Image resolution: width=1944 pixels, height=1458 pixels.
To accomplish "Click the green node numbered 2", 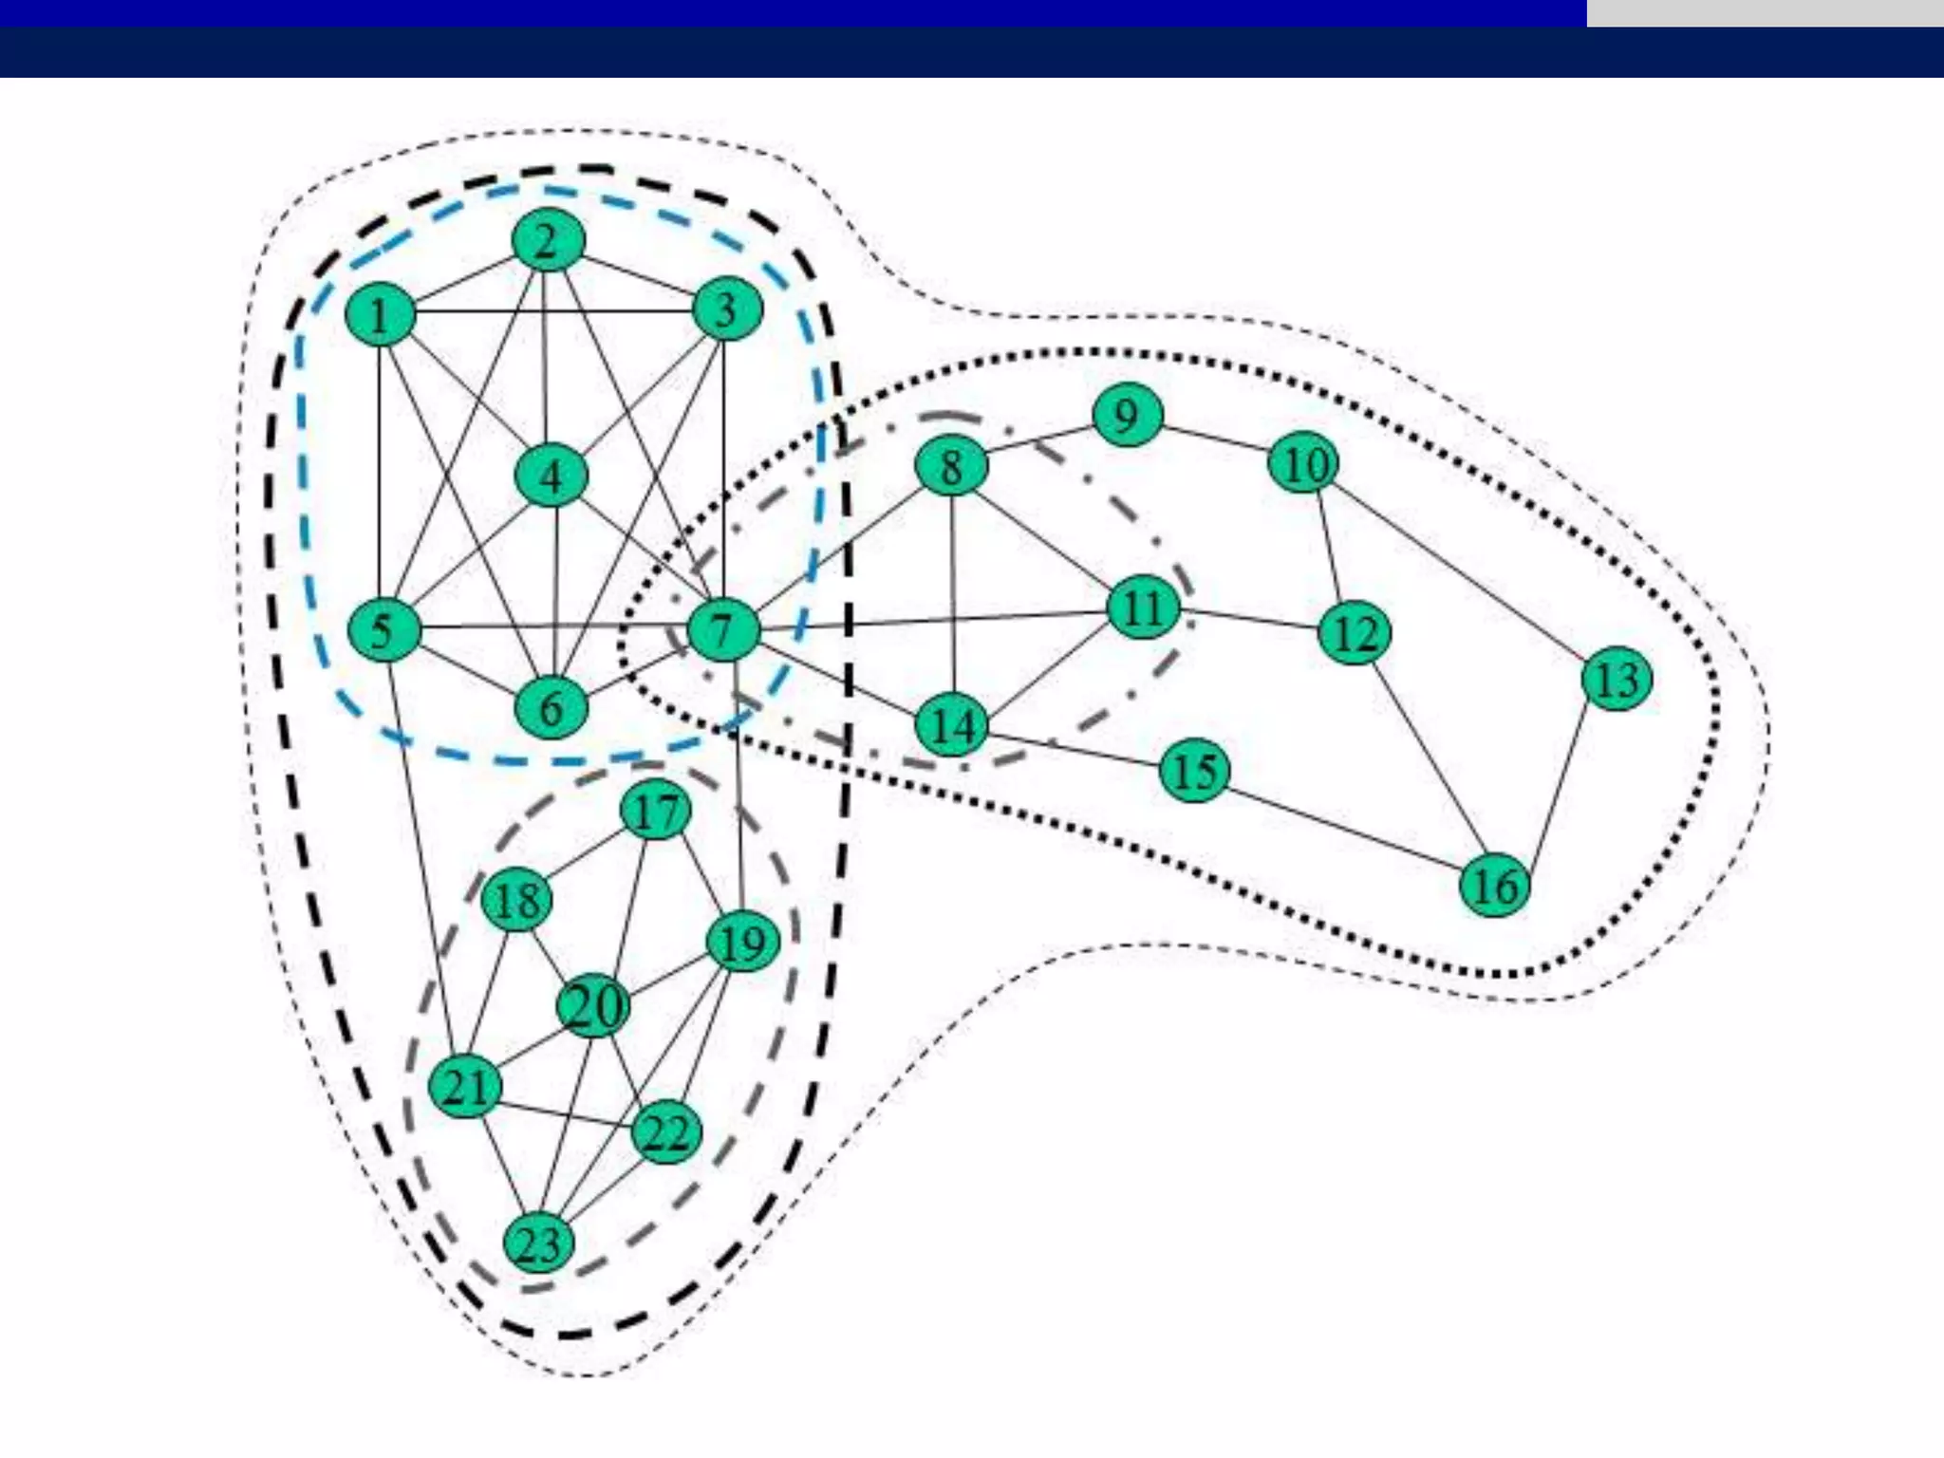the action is click(548, 240).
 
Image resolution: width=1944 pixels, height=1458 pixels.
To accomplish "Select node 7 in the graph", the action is click(723, 630).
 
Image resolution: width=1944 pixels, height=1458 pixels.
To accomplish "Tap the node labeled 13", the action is click(1617, 679).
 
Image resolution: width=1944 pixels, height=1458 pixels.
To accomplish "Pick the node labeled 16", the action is click(1495, 886).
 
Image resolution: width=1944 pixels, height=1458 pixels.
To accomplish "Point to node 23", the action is click(539, 1243).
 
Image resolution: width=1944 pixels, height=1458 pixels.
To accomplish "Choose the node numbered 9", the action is click(1127, 416).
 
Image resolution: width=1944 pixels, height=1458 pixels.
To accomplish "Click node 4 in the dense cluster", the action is click(551, 476).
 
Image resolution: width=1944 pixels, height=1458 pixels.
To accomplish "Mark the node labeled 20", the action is click(593, 1005).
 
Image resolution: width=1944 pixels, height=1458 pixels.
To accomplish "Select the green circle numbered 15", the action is click(1194, 770).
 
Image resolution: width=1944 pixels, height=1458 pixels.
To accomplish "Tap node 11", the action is click(1144, 607).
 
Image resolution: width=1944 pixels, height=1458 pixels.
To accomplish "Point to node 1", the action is click(380, 315).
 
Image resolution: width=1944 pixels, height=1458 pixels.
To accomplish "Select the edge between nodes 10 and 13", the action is click(1460, 570).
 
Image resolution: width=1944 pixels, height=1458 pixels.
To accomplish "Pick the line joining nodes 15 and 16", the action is click(1344, 828).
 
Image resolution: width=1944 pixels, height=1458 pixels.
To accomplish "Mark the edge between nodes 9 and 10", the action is click(1215, 439).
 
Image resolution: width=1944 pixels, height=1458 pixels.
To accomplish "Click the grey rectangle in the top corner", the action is click(1764, 12).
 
